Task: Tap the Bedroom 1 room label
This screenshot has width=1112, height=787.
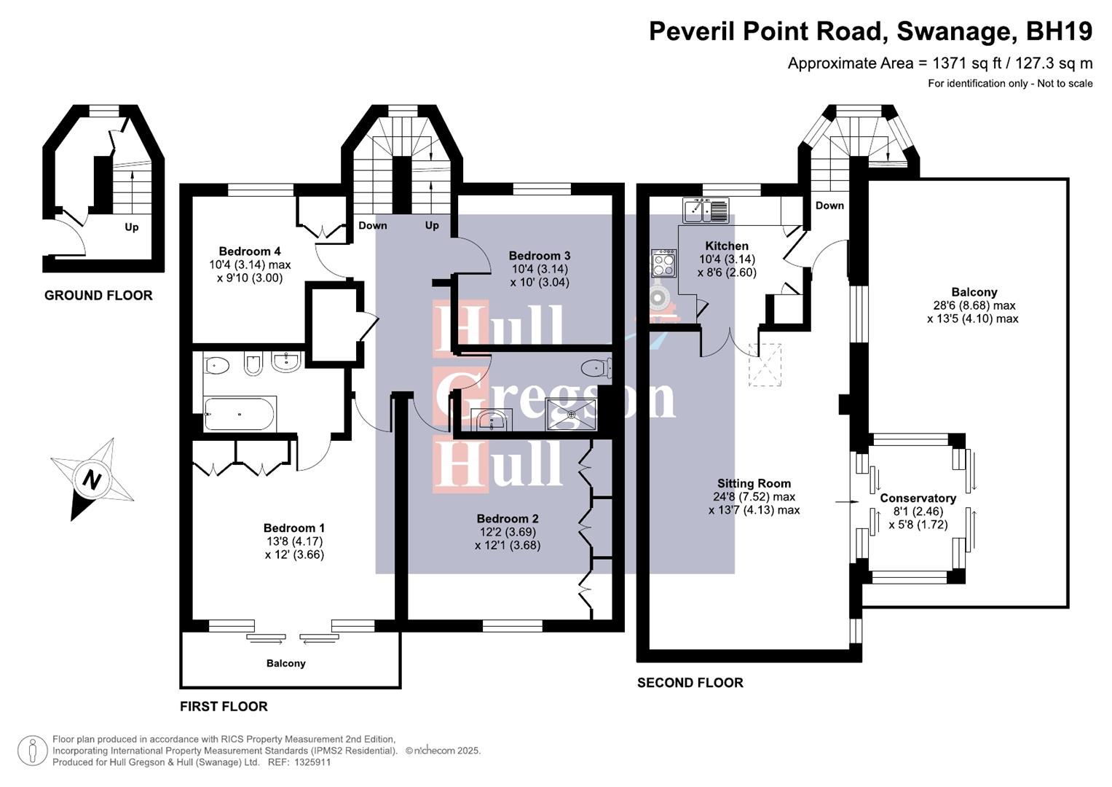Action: click(294, 528)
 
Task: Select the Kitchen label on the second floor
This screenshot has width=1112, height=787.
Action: click(727, 246)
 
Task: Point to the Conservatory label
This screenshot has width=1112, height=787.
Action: click(918, 498)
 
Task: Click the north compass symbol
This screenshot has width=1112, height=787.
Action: click(91, 479)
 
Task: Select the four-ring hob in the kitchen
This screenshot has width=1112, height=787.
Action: click(663, 263)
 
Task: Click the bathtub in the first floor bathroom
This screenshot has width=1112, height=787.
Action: click(240, 415)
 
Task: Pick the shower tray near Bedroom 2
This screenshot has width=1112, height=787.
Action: click(572, 414)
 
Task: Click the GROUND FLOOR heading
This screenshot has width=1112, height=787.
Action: click(98, 295)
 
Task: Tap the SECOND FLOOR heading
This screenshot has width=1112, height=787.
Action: click(690, 683)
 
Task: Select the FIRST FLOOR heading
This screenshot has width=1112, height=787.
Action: click(224, 706)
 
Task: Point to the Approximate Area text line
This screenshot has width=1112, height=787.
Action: click(939, 63)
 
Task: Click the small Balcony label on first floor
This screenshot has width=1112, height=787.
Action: click(285, 663)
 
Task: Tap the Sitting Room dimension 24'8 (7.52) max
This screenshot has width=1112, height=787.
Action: click(754, 497)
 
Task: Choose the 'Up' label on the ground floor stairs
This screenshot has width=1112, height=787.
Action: click(131, 227)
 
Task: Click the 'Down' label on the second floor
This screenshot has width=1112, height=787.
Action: click(829, 205)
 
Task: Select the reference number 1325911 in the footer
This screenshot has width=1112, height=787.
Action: click(312, 762)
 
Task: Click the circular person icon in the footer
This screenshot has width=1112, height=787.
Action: click(32, 751)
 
